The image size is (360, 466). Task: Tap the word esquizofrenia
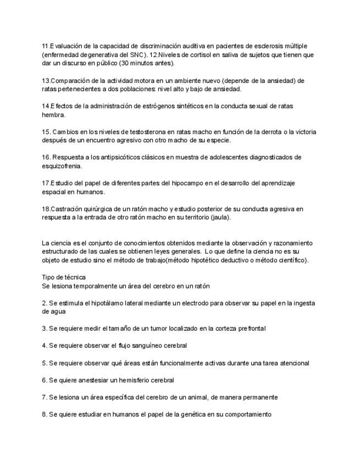pos(62,166)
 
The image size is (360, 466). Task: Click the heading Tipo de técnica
pos(64,278)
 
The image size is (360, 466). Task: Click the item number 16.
pos(46,158)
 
